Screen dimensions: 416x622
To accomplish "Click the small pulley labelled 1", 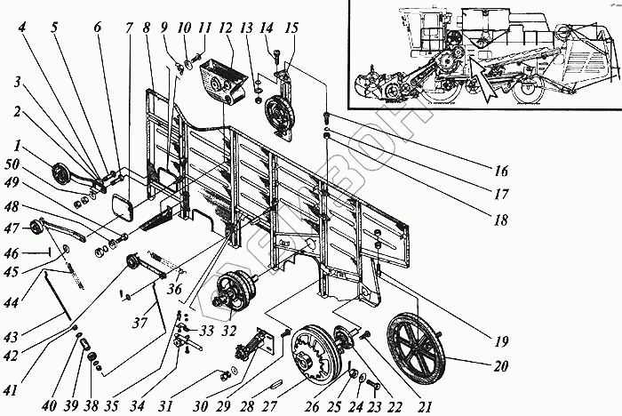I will (x=63, y=174).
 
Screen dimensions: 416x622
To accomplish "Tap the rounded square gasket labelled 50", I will (x=123, y=211).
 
